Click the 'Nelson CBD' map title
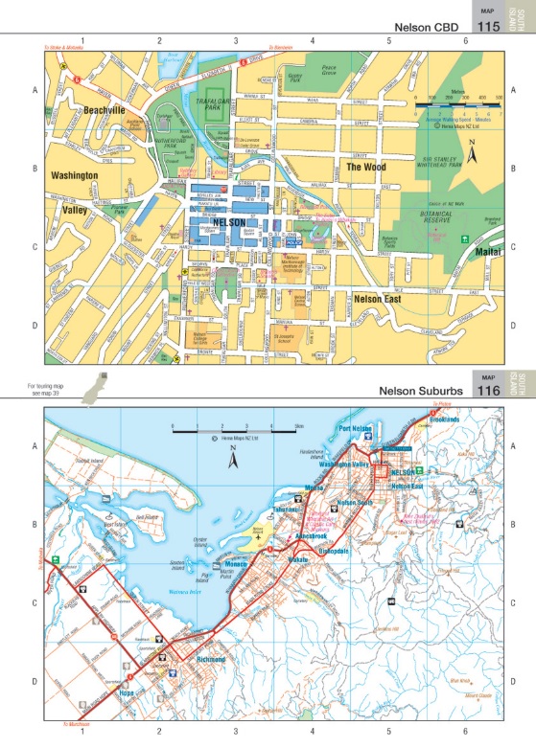pos(421,27)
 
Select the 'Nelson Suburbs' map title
pos(420,391)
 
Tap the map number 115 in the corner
pos(488,27)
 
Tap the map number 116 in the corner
pos(488,391)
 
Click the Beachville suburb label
pos(105,111)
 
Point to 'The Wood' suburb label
pos(365,167)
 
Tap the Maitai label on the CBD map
pos(489,252)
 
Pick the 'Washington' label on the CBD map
pos(75,176)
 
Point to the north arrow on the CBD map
pos(471,151)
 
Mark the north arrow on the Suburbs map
pos(231,462)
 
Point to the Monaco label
pos(237,564)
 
